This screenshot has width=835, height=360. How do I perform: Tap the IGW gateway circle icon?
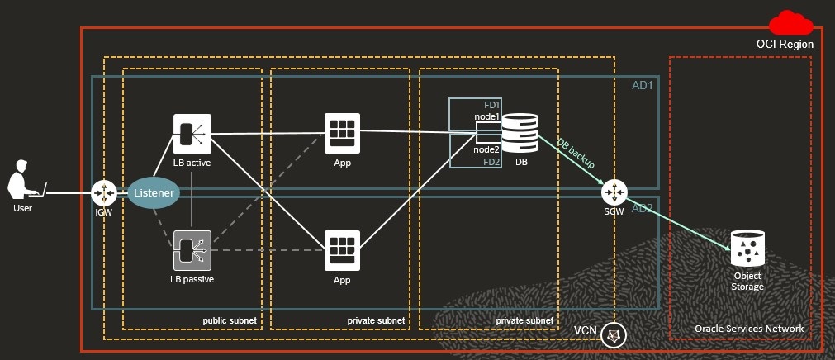coord(105,193)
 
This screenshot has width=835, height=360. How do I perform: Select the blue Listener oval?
coord(154,194)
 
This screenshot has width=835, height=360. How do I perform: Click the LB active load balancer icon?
coord(192,133)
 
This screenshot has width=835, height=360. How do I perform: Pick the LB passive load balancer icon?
coord(192,250)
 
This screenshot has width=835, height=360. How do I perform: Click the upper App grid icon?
coord(342,131)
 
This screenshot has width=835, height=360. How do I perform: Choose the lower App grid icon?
coord(342,250)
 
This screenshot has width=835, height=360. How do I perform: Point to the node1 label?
coord(486,117)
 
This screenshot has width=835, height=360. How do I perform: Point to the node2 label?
coord(486,149)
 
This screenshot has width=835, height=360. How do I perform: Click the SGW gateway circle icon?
coord(614,192)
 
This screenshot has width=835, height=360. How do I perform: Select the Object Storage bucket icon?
coord(747,247)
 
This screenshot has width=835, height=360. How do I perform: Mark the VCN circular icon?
coord(614,334)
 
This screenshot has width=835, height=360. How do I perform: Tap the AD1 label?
coord(644,86)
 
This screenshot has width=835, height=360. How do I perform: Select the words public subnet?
coord(230,320)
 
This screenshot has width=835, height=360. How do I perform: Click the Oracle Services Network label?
coord(749,329)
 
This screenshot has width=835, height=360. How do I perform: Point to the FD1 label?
coord(492,106)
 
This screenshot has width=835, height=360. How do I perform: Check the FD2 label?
coord(492,162)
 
